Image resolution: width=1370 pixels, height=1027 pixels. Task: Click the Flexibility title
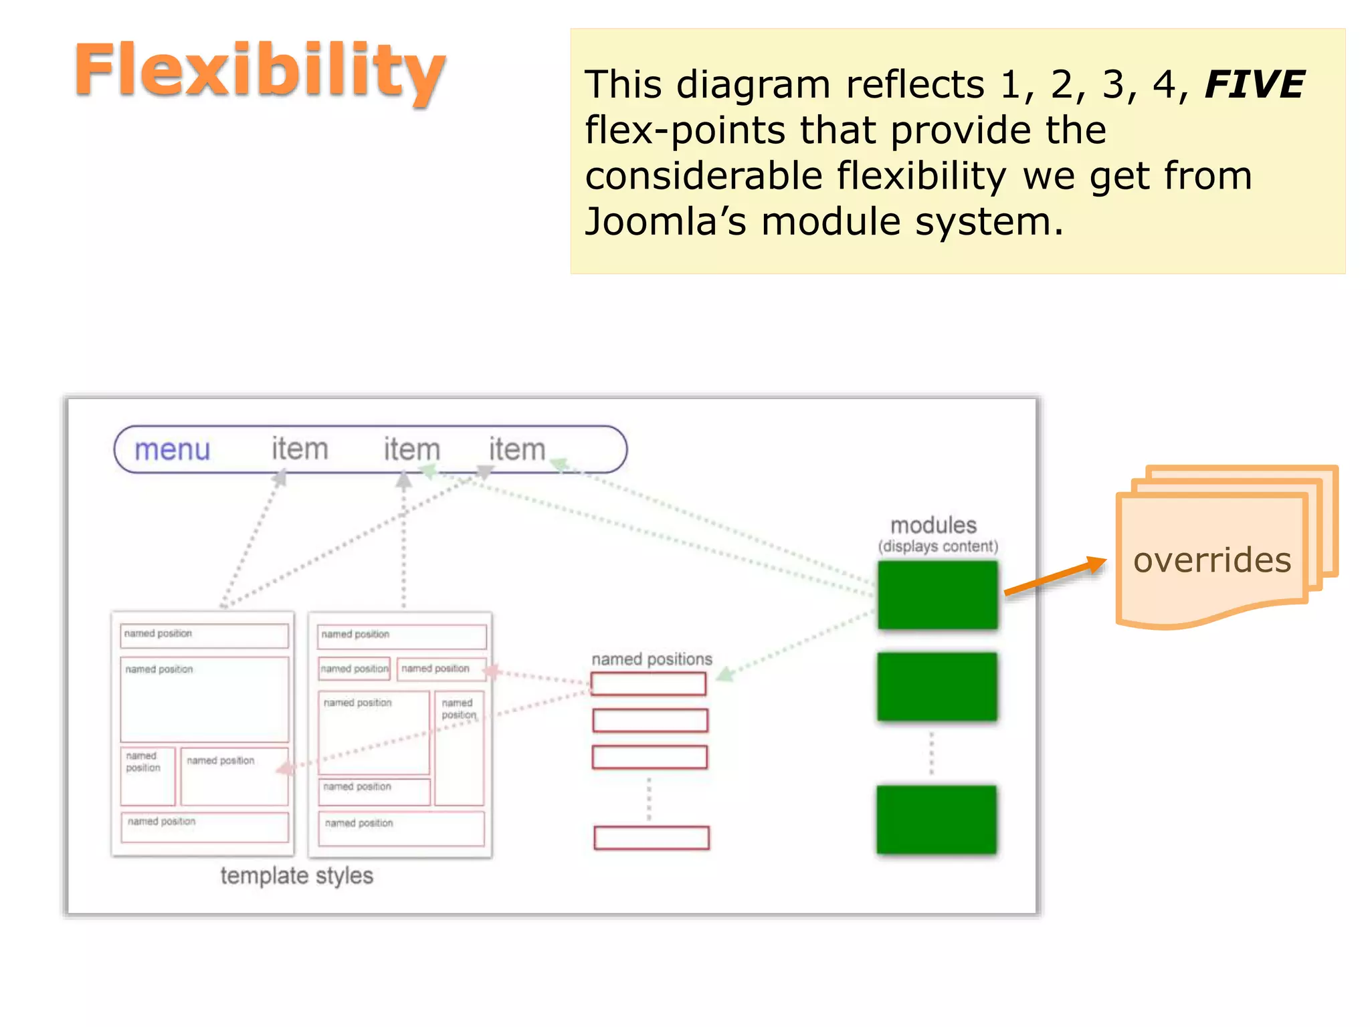click(x=260, y=70)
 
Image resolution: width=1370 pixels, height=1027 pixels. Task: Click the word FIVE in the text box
click(x=1254, y=85)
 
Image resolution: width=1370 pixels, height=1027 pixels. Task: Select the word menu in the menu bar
click(x=172, y=449)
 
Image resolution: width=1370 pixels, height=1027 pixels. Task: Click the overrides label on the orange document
click(x=1211, y=560)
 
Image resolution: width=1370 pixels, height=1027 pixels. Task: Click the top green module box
click(x=937, y=594)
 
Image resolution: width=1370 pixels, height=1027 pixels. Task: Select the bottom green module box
click(x=936, y=819)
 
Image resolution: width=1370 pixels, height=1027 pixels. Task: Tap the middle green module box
click(x=937, y=687)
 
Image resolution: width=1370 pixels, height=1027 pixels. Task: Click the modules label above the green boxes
click(x=933, y=525)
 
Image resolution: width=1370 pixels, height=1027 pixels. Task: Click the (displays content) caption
click(x=938, y=546)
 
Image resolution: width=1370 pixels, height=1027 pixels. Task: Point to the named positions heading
click(x=652, y=659)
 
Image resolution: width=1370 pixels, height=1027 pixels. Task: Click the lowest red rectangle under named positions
click(x=651, y=838)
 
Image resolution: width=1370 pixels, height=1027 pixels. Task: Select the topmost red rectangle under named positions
click(x=648, y=684)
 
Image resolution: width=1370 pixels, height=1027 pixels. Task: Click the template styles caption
click(x=296, y=875)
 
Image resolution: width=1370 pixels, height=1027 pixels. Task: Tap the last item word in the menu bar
click(x=516, y=449)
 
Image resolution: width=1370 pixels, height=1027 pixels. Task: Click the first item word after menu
click(x=300, y=449)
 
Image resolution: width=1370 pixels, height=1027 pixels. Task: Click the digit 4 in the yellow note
click(x=1164, y=85)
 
